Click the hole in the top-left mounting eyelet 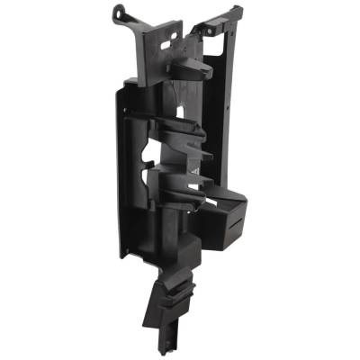click(x=119, y=12)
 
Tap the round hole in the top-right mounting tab click(x=213, y=27)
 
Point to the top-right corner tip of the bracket click(x=240, y=8)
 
